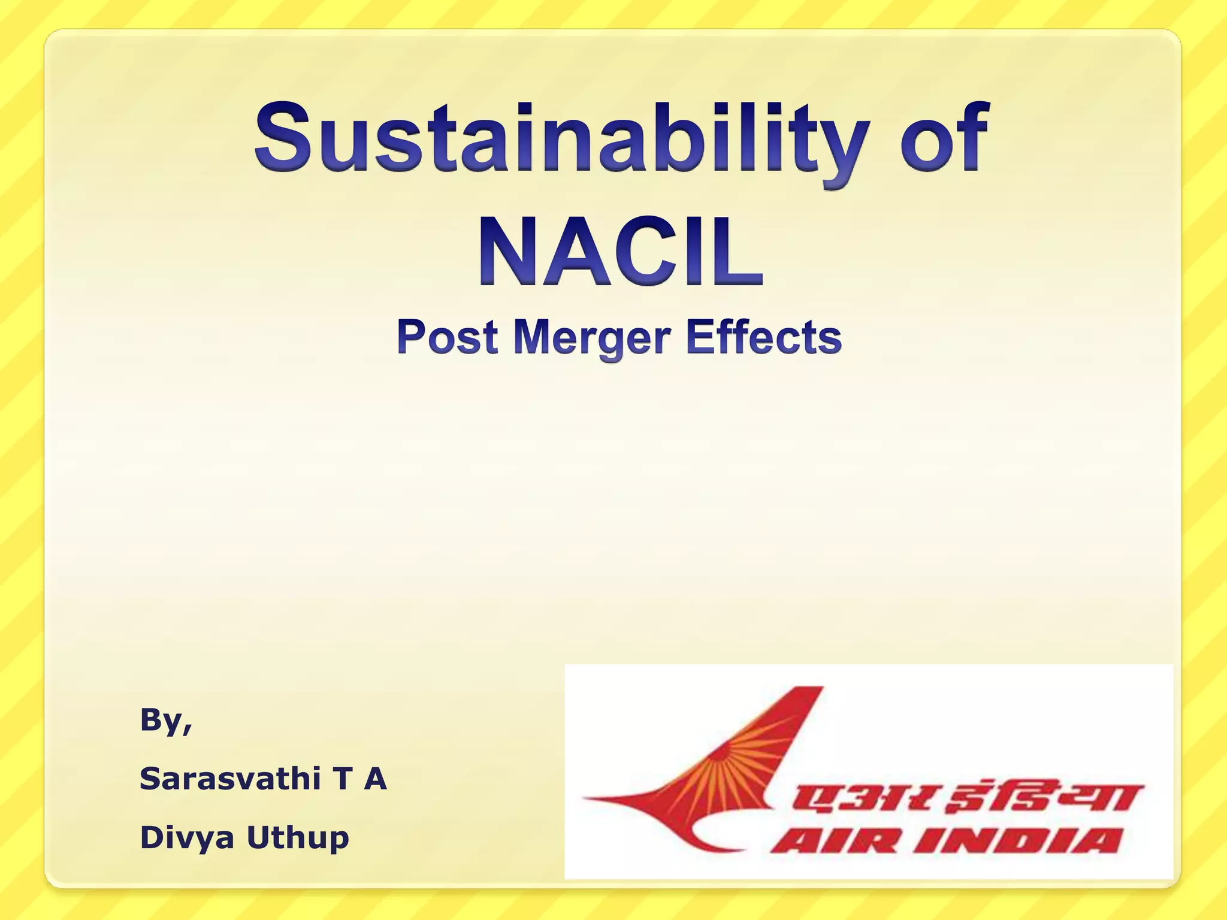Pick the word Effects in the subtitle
(x=764, y=337)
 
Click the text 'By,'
(x=166, y=721)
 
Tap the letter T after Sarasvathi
(x=342, y=779)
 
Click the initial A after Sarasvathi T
(x=375, y=779)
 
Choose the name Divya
(x=187, y=837)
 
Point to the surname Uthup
(x=298, y=837)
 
